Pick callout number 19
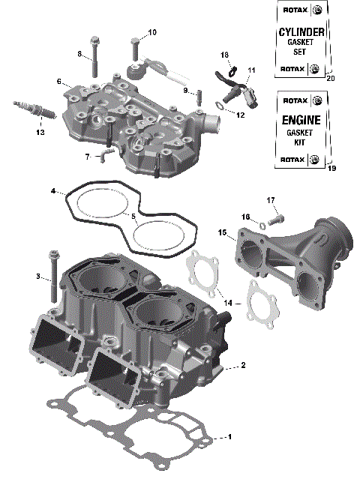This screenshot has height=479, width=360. point(331,169)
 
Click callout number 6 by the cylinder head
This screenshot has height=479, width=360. point(58,81)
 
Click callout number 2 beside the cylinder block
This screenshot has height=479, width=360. point(242,366)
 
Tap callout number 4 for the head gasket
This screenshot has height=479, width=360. point(54,191)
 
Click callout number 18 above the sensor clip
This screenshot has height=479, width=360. point(224,55)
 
